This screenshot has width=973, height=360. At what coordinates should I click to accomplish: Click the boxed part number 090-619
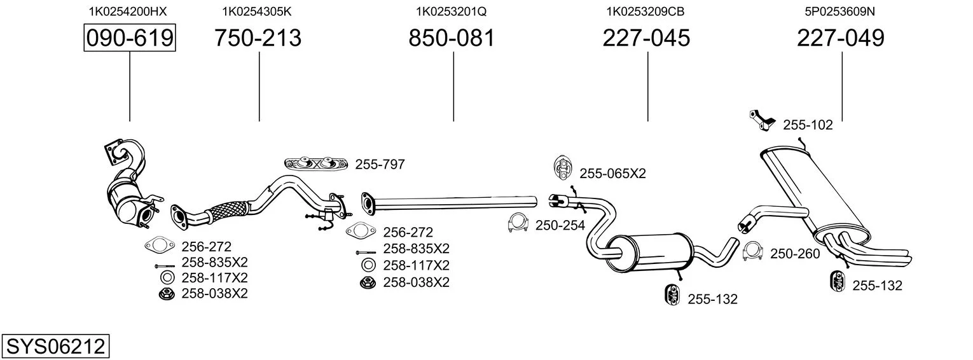pos(130,38)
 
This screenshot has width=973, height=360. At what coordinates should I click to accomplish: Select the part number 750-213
pos(258,38)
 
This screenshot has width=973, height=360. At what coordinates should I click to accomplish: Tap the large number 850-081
pos(452,38)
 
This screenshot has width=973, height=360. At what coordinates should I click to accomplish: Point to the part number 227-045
pos(646,38)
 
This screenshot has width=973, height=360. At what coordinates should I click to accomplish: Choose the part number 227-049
pos(841,38)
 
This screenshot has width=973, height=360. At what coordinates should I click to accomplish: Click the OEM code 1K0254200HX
pos(128,11)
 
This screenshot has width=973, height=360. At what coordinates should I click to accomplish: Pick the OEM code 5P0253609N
pos(840,11)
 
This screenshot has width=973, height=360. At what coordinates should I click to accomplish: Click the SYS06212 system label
pos(55,347)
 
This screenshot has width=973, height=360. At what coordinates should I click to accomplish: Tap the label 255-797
pos(380,165)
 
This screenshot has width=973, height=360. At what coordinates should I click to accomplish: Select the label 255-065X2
pos(613,174)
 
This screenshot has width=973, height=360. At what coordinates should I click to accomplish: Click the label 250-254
pos(560,225)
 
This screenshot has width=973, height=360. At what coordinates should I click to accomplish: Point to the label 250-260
pos(796,254)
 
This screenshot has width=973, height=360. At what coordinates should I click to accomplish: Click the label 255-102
pos(808,125)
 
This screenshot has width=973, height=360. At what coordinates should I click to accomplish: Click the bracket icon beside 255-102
pos(762,120)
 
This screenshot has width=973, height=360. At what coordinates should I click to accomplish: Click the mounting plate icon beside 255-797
pos(316,163)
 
